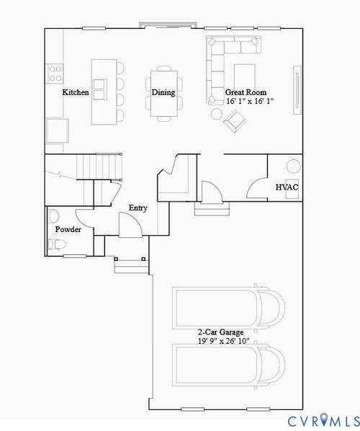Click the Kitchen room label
76,92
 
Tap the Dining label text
163,92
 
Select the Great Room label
246,92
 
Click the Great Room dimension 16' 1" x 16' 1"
250,102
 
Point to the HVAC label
287,187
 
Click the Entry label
138,208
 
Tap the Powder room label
68,229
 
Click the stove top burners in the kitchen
54,72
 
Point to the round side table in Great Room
216,113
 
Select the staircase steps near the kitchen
97,167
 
